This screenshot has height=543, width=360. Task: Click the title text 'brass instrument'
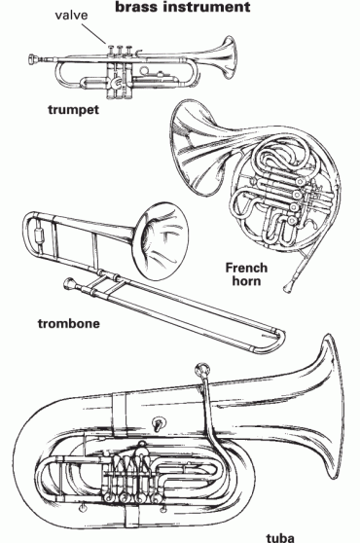182,8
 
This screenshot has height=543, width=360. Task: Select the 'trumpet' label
73,110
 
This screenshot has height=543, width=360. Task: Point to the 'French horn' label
246,274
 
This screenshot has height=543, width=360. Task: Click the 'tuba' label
279,533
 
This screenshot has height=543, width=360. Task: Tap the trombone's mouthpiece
68,283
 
